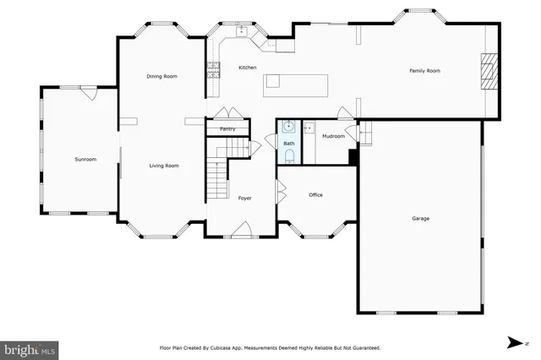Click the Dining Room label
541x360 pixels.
coord(161,77)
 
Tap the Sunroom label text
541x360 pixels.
coord(85,159)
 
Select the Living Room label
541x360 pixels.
coord(164,166)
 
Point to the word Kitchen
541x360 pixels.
coord(247,68)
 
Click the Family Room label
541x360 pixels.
coord(425,71)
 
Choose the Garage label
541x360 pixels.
coord(420,219)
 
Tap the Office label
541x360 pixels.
coord(315,195)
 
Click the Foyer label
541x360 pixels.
coord(244,198)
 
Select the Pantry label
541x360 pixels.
coord(227,129)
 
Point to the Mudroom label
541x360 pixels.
coord(333,136)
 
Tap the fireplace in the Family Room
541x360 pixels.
coord(489,72)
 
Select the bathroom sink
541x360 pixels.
coord(289,128)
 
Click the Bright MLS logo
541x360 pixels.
coord(30,348)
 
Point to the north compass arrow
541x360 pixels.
coord(514,342)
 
